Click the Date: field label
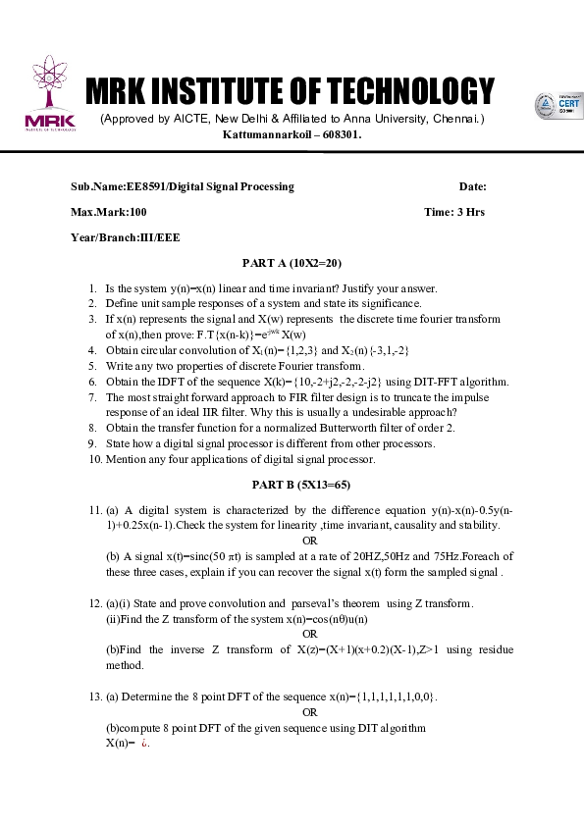pyautogui.click(x=472, y=186)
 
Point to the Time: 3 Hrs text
pyautogui.click(x=453, y=212)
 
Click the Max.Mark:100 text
pyautogui.click(x=108, y=212)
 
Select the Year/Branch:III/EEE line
pyautogui.click(x=125, y=237)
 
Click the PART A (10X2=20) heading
pyautogui.click(x=292, y=263)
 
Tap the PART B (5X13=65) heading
pyautogui.click(x=292, y=485)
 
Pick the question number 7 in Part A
pyautogui.click(x=92, y=397)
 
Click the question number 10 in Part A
pyautogui.click(x=94, y=459)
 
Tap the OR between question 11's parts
pyautogui.click(x=310, y=541)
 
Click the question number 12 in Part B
pyautogui.click(x=94, y=603)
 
